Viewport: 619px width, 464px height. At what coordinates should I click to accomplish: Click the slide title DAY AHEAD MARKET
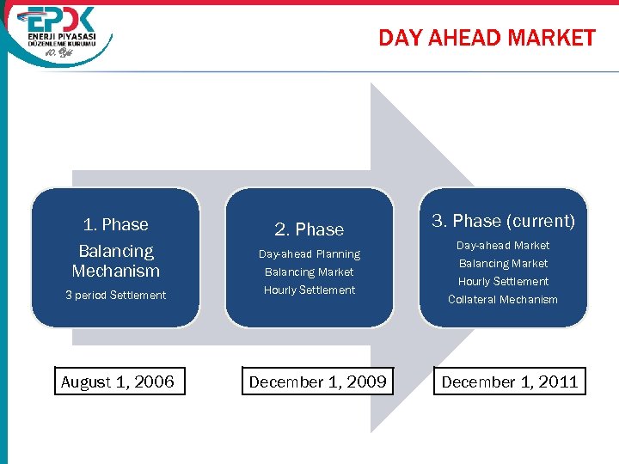click(487, 38)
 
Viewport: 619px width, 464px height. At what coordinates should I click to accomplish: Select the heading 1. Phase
click(115, 225)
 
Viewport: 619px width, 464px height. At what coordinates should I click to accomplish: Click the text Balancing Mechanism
click(115, 261)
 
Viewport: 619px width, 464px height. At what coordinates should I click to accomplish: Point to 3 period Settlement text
click(115, 296)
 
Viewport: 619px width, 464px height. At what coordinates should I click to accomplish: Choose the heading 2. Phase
click(309, 229)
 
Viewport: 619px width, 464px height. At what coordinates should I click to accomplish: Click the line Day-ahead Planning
click(309, 254)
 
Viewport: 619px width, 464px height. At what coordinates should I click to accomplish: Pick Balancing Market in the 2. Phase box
click(309, 272)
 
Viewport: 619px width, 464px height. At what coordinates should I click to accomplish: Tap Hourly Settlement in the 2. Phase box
click(309, 290)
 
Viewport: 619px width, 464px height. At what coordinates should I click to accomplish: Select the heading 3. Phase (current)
click(503, 222)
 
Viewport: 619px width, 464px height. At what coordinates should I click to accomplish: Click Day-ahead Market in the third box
click(503, 246)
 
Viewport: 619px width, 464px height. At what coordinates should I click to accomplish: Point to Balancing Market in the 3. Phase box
click(503, 264)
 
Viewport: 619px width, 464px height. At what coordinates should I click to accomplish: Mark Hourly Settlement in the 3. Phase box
click(503, 282)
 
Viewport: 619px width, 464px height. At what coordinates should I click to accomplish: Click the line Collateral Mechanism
click(503, 300)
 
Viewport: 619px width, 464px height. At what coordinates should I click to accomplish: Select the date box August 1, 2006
click(118, 382)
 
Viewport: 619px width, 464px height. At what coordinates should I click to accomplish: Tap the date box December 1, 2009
click(317, 382)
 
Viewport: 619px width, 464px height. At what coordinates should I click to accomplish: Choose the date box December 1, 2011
click(510, 382)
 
